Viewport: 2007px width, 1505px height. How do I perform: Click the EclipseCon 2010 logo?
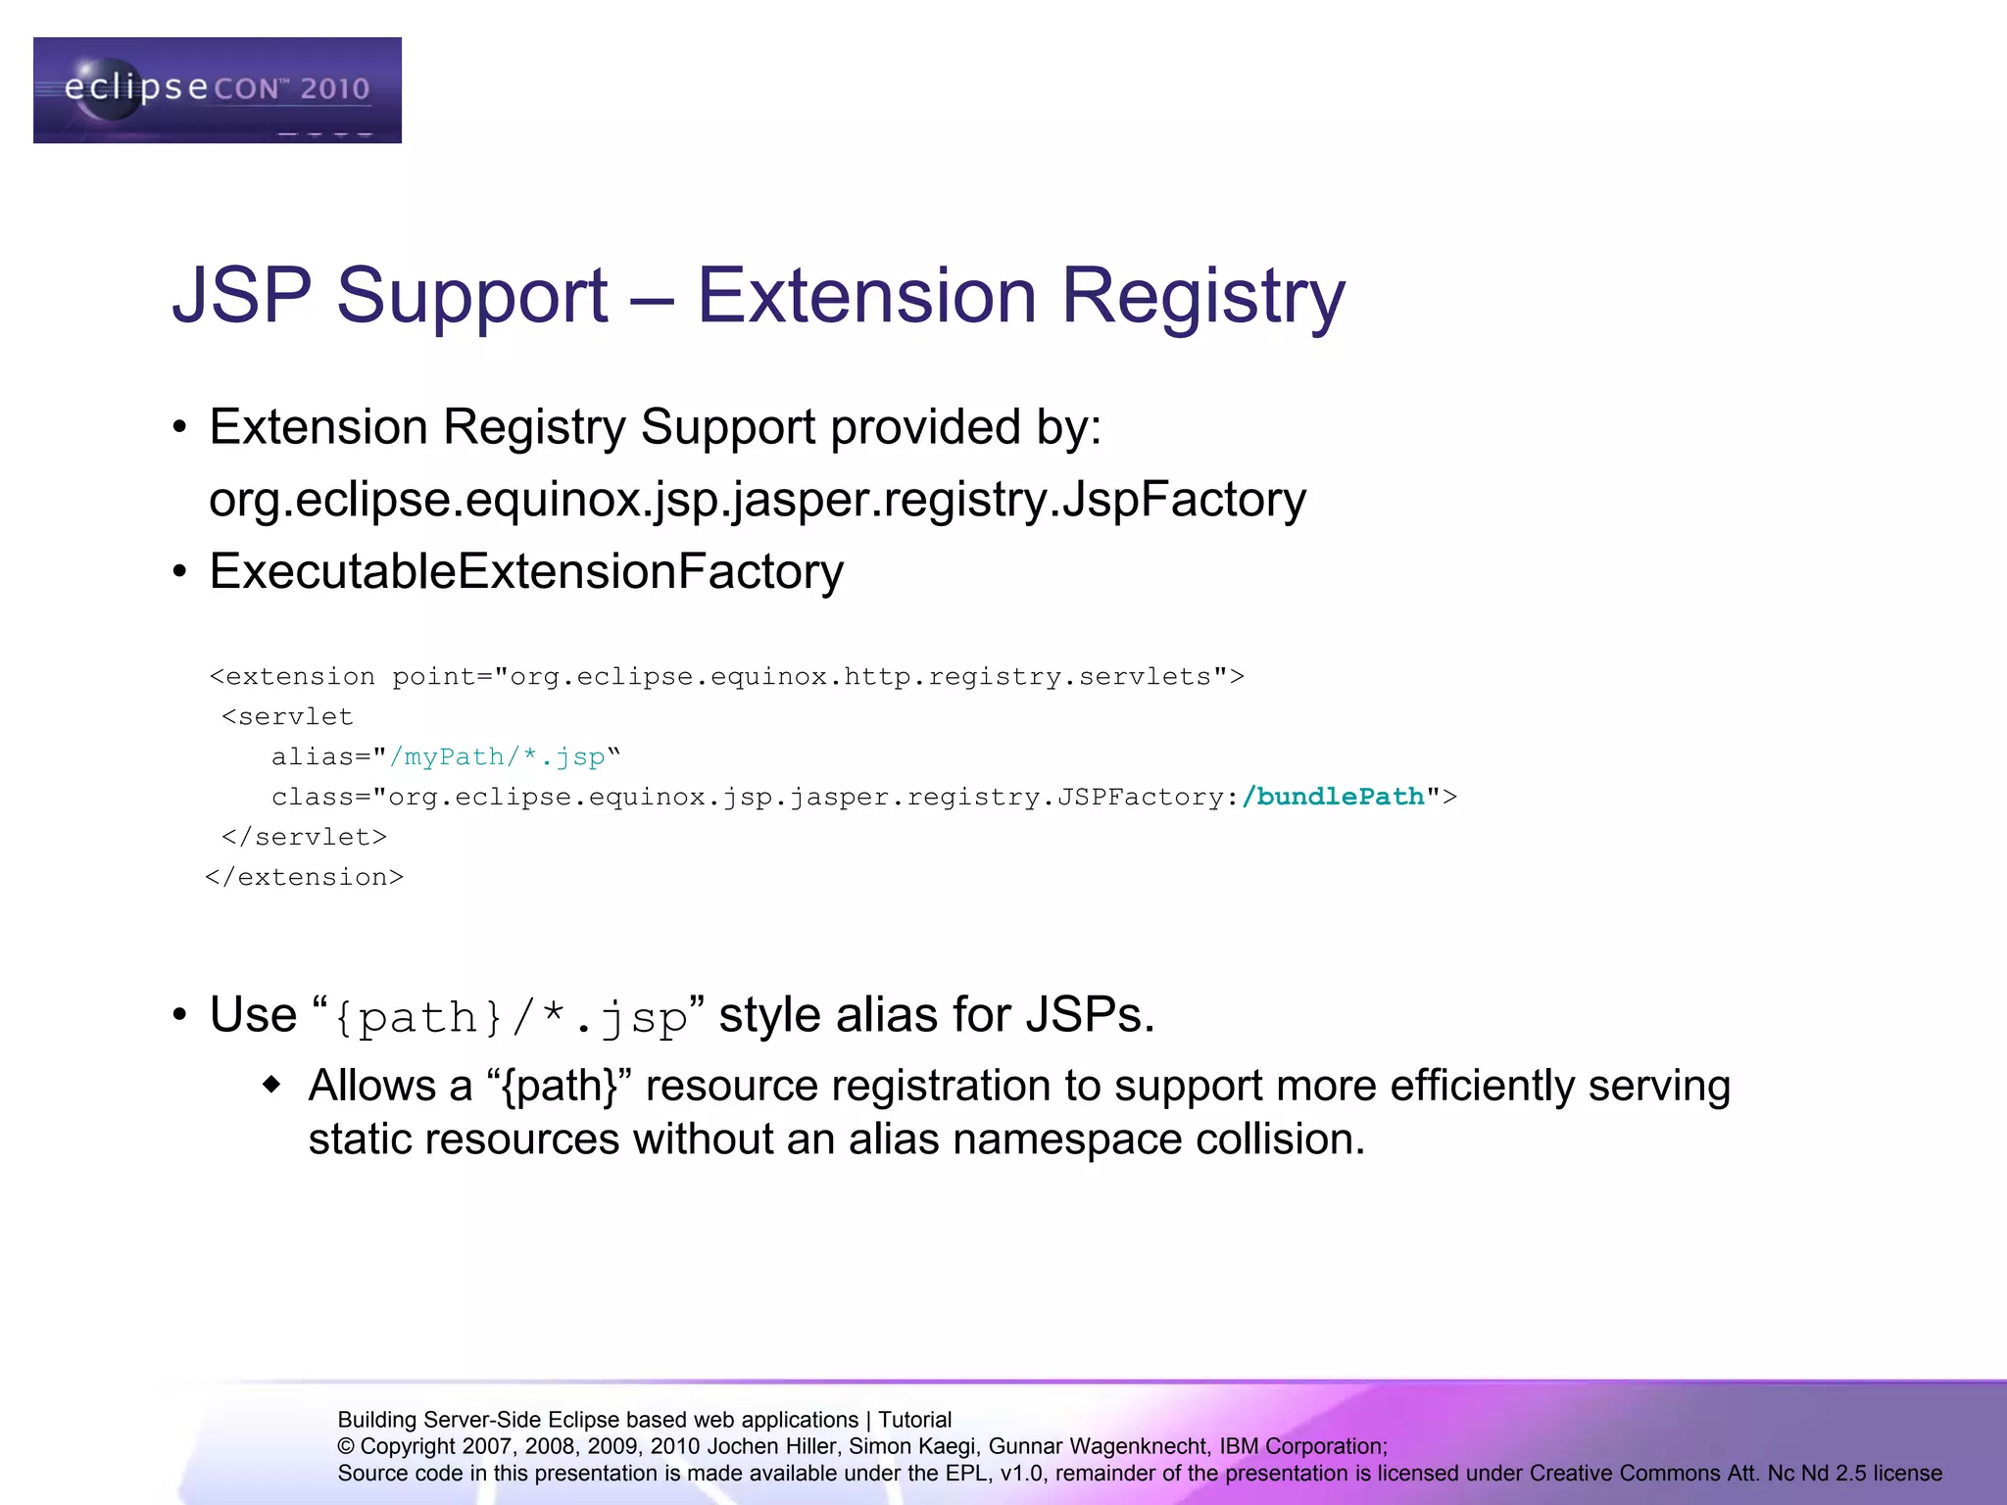coord(217,90)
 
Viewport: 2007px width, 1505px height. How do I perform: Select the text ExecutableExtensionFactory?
coord(526,571)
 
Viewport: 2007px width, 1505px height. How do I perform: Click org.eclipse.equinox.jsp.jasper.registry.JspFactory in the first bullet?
coord(757,500)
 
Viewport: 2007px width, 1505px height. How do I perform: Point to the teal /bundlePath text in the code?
coord(1332,797)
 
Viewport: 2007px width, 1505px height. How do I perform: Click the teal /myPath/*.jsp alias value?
coord(497,756)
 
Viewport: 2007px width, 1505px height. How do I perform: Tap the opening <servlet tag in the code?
coord(287,716)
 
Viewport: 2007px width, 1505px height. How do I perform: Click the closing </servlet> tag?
coord(304,837)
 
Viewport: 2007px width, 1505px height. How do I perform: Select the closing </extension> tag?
coord(304,877)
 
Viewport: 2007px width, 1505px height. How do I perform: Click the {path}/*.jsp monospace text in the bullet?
coord(511,1017)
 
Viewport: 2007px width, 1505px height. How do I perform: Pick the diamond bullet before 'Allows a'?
coord(272,1085)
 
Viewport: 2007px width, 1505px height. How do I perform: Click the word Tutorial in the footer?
coord(914,1420)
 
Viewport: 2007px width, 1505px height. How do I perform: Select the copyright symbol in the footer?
coord(346,1446)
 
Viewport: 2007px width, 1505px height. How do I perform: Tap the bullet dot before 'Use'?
coord(179,1016)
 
